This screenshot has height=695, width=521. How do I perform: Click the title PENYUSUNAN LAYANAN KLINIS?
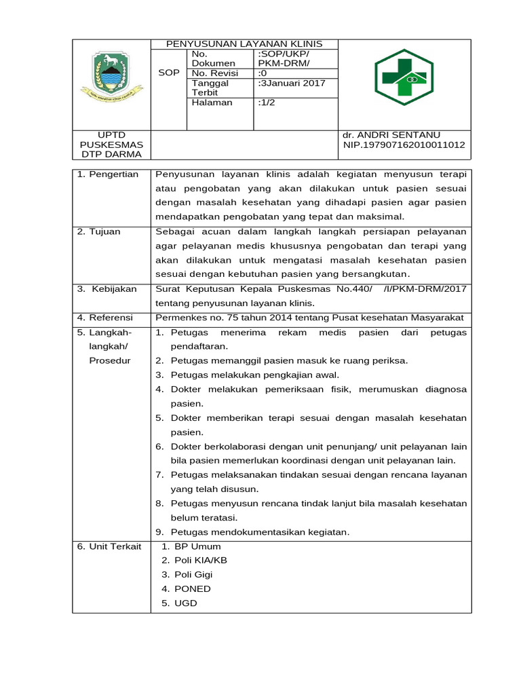[244, 44]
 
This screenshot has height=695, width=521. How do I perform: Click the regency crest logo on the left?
[111, 77]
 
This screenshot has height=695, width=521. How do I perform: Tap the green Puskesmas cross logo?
[404, 82]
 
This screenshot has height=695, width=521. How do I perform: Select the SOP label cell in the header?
[168, 73]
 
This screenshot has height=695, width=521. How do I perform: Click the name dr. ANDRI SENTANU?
[391, 135]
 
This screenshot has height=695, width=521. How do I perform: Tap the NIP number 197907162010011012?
[404, 145]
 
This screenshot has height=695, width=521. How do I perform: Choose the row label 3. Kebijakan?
[107, 289]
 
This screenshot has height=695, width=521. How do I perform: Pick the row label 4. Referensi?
[105, 318]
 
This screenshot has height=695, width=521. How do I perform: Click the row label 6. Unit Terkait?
[109, 546]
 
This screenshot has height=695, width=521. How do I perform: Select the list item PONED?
[192, 589]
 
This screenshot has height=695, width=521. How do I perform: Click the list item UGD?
[185, 603]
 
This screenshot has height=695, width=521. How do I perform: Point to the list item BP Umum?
[197, 546]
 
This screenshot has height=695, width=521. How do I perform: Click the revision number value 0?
[263, 73]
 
